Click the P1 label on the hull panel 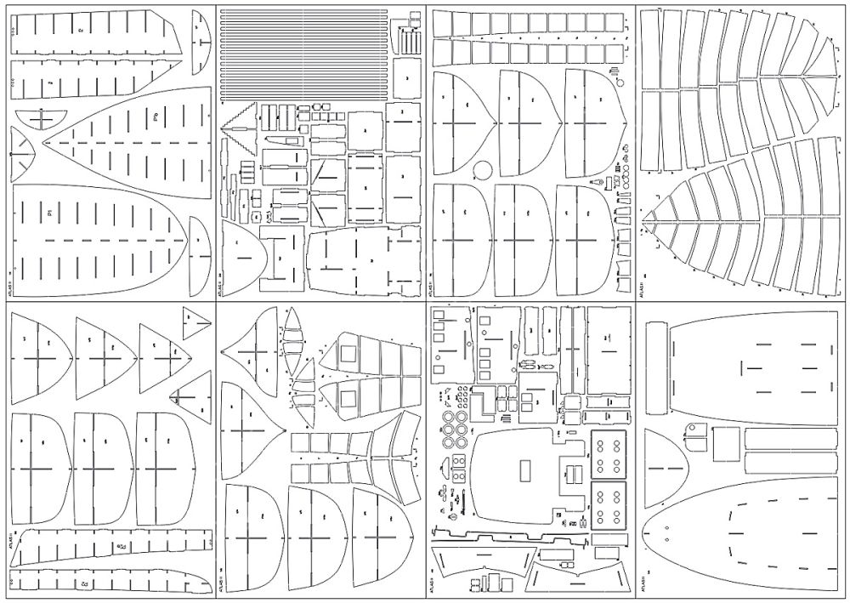tap(50, 210)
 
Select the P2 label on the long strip tap(84, 585)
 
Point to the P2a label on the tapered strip tap(122, 545)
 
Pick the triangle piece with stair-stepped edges tap(238, 133)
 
